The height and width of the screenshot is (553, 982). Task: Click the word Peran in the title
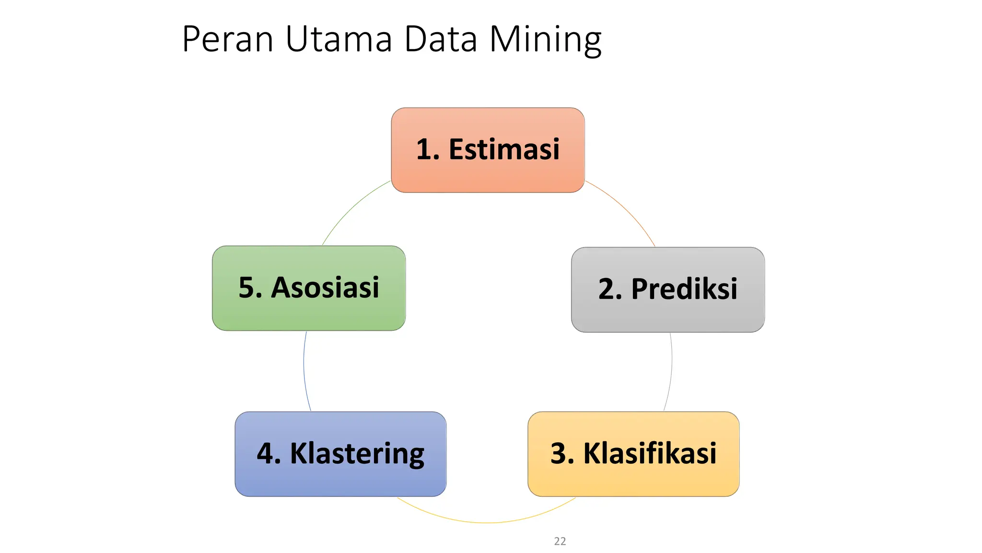pyautogui.click(x=227, y=39)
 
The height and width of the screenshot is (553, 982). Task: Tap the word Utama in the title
pyautogui.click(x=339, y=39)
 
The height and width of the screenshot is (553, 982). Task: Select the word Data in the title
pyautogui.click(x=441, y=39)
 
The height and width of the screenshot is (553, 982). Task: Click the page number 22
pyautogui.click(x=560, y=541)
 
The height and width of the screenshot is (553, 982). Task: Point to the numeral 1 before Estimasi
pyautogui.click(x=424, y=149)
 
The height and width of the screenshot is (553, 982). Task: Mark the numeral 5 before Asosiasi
pyautogui.click(x=246, y=288)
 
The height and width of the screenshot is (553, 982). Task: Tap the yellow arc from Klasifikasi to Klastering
pyautogui.click(x=487, y=522)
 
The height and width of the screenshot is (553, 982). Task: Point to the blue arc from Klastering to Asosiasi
pyautogui.click(x=304, y=370)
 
